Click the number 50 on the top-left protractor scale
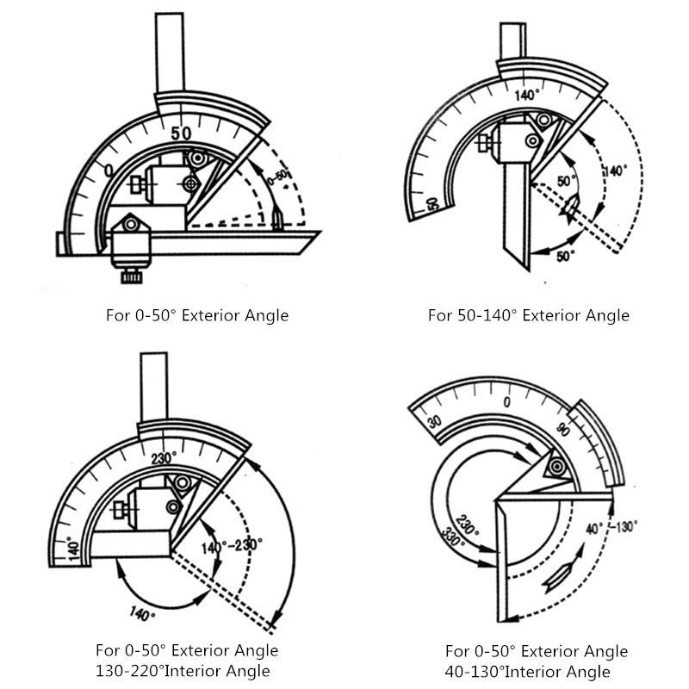(181, 133)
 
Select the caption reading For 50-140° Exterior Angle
(528, 315)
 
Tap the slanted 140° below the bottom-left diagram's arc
(143, 615)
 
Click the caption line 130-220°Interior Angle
(183, 671)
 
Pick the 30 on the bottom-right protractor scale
(433, 420)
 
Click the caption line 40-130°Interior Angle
(527, 672)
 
